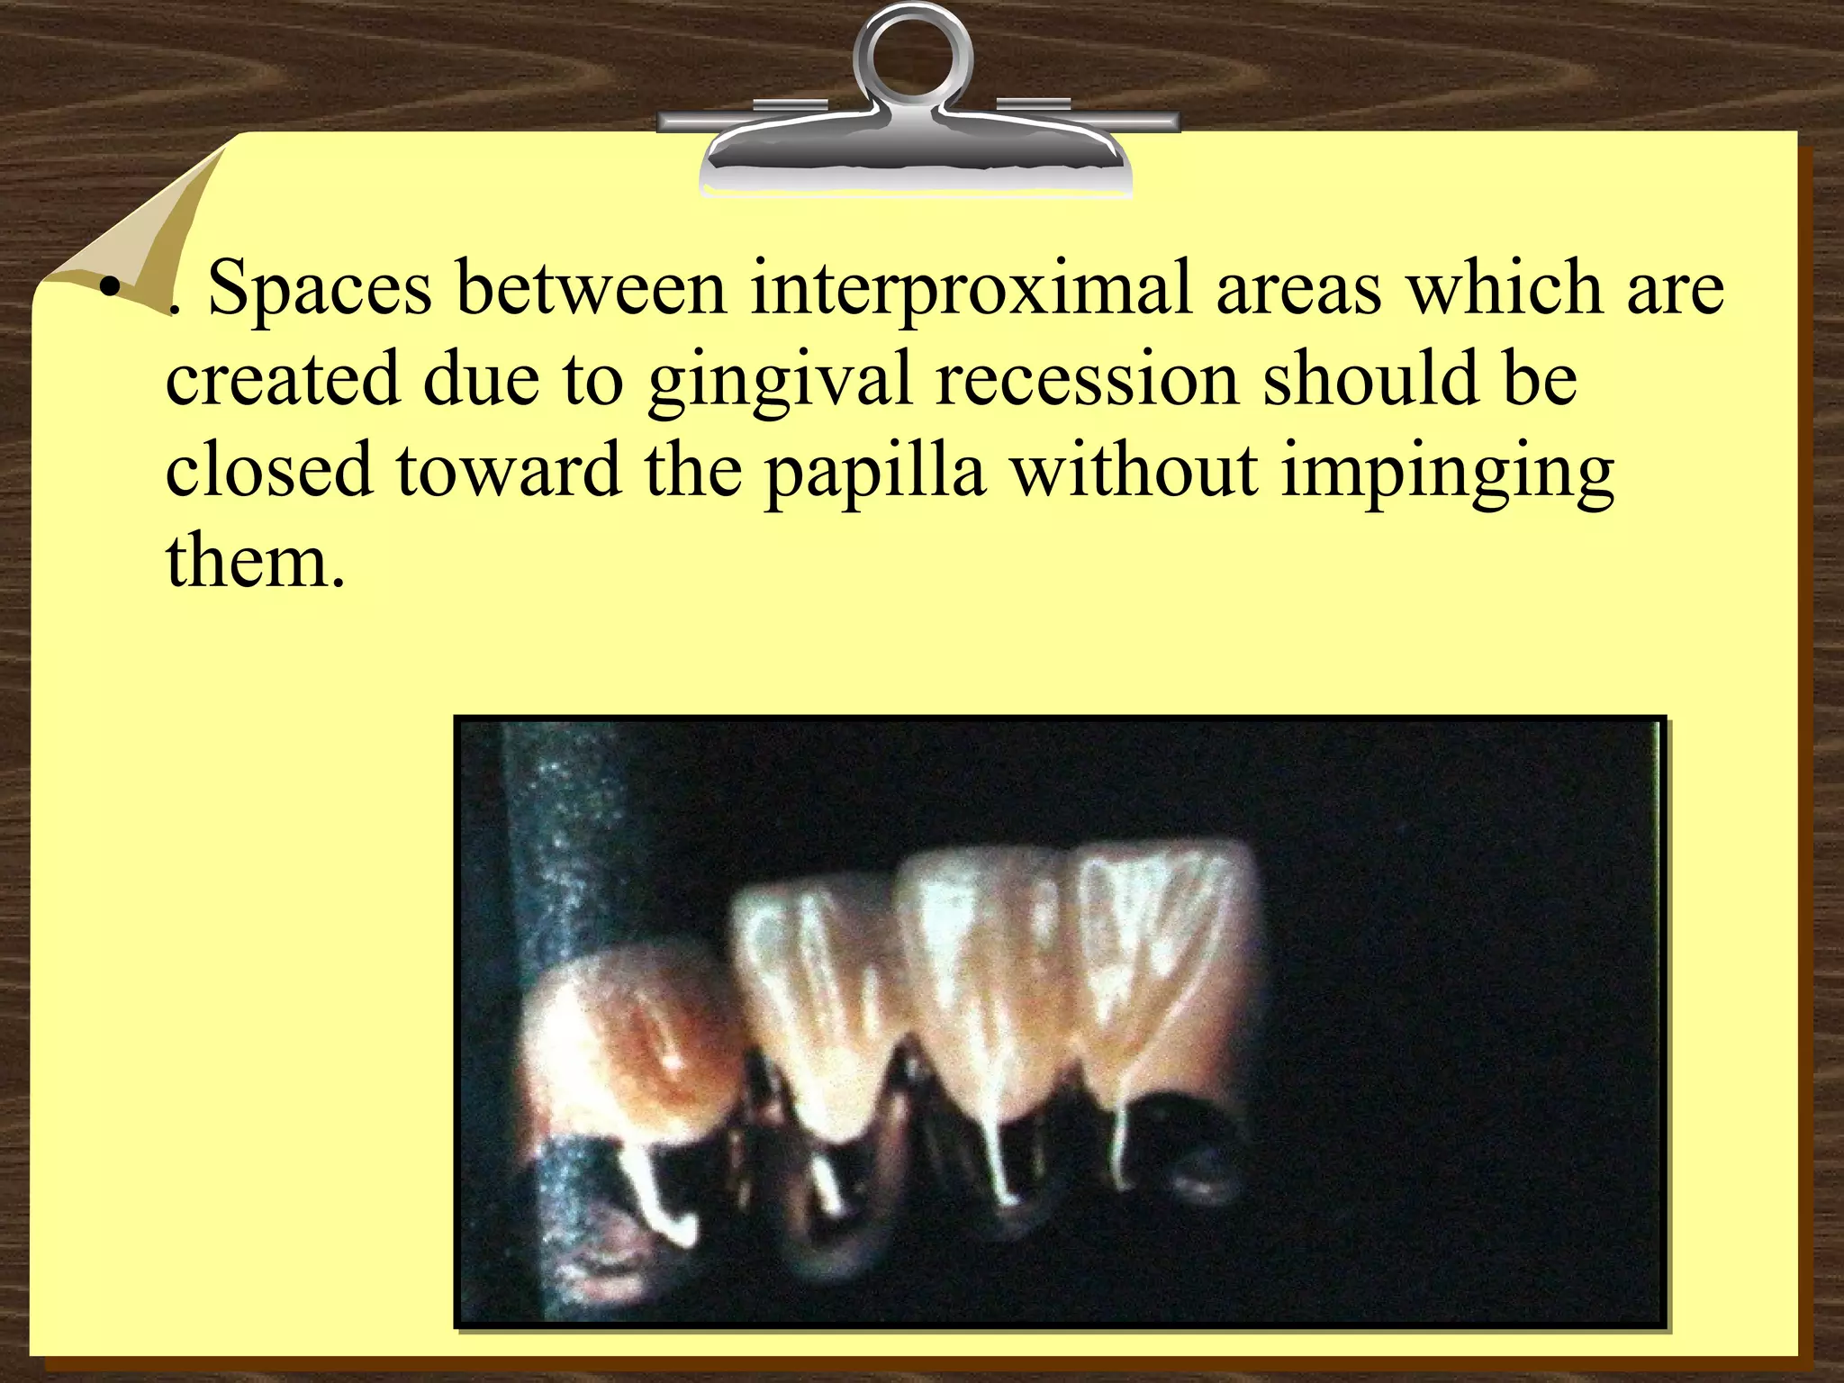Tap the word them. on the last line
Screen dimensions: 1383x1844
[x=256, y=560]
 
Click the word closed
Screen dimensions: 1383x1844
[x=268, y=470]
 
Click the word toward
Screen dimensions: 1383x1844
[x=508, y=470]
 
